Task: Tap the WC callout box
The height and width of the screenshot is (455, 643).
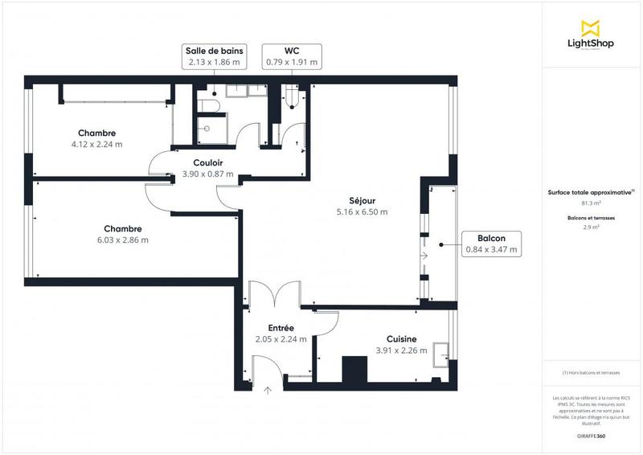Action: pyautogui.click(x=292, y=55)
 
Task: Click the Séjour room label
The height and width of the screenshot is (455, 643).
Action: pyautogui.click(x=362, y=200)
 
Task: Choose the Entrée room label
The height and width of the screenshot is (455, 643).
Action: pyautogui.click(x=281, y=328)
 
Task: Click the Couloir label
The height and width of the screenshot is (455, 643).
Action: pyautogui.click(x=207, y=162)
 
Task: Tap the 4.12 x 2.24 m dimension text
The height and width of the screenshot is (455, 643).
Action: pyautogui.click(x=97, y=145)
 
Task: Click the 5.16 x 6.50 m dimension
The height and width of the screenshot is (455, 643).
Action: pyautogui.click(x=362, y=212)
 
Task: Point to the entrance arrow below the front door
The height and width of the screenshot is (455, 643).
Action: pyautogui.click(x=268, y=391)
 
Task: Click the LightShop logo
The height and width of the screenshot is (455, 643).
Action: pyautogui.click(x=592, y=35)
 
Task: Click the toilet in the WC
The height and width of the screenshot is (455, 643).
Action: pyautogui.click(x=293, y=99)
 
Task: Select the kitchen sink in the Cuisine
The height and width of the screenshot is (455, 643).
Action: pyautogui.click(x=441, y=353)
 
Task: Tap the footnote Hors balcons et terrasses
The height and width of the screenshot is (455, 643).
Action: pyautogui.click(x=591, y=373)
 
